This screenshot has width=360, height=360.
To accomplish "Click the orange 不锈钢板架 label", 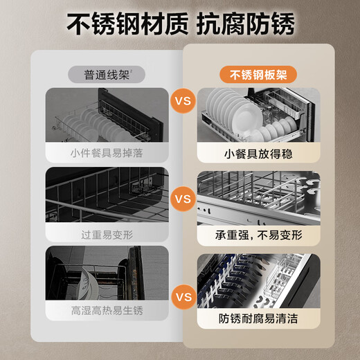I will coord(253,75).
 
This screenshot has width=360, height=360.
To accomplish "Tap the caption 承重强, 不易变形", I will coord(253,235).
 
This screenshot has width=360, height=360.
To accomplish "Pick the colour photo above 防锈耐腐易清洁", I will coord(253,280).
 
